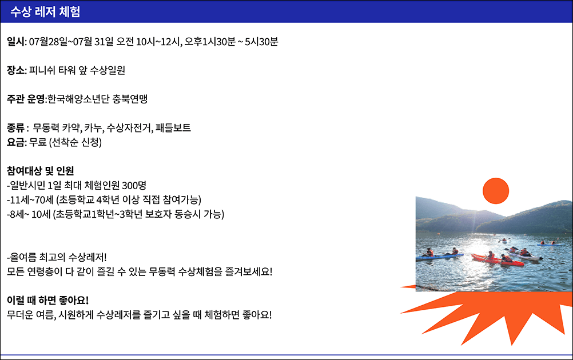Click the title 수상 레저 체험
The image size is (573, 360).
click(45, 11)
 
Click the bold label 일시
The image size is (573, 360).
click(15, 42)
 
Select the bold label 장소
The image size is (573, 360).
click(15, 70)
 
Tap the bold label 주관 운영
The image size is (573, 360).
click(26, 99)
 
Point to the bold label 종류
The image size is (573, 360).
click(15, 128)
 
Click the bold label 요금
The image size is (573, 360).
click(15, 142)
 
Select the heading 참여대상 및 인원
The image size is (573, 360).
click(40, 171)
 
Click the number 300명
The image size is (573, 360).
click(134, 186)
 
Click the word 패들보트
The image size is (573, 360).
click(173, 128)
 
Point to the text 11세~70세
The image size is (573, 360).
click(30, 200)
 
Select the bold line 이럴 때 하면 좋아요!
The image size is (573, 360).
click(48, 301)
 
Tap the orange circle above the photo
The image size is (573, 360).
click(496, 191)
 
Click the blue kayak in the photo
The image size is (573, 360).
click(439, 257)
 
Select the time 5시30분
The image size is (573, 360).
click(262, 42)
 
